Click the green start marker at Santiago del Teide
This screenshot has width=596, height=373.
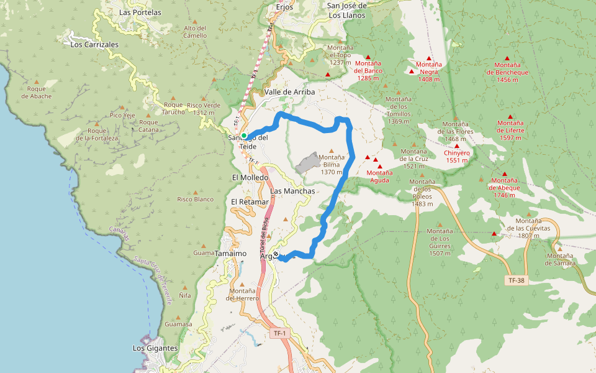pos(244,136)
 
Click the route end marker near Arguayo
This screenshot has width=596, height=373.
pos(276,254)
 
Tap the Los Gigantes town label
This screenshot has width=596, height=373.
pos(155,348)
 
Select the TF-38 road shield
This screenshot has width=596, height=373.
pos(517,281)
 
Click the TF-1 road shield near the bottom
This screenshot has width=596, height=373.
pos(280,334)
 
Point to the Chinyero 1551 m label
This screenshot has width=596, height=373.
pos(456,156)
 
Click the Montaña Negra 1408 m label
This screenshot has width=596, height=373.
pos(428,71)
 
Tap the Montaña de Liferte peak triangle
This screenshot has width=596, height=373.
pos(510,117)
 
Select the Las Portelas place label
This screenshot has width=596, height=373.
pos(140,12)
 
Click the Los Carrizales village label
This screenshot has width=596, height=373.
pos(94,45)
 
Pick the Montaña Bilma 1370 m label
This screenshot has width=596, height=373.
pos(332,164)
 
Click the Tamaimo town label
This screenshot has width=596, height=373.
pos(230,254)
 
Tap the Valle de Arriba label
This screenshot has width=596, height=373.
pos(289,92)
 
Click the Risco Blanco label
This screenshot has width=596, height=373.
pos(195,200)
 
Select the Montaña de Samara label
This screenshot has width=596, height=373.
pos(560,259)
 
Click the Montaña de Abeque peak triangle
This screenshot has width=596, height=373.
pos(504,174)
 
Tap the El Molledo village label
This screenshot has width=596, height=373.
pos(250,178)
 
